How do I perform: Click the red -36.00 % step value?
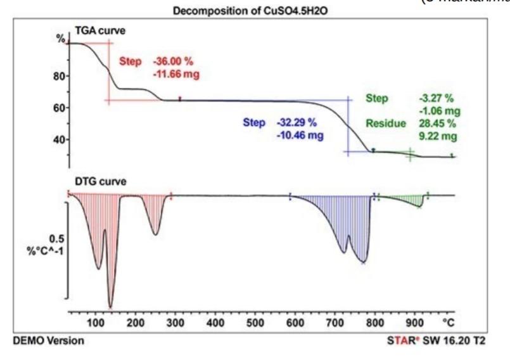[173, 62]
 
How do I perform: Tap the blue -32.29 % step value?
[296, 122]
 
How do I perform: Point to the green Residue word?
[385, 123]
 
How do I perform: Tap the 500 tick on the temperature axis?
[256, 322]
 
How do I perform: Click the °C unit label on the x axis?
[449, 322]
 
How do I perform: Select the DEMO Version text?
[48, 341]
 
